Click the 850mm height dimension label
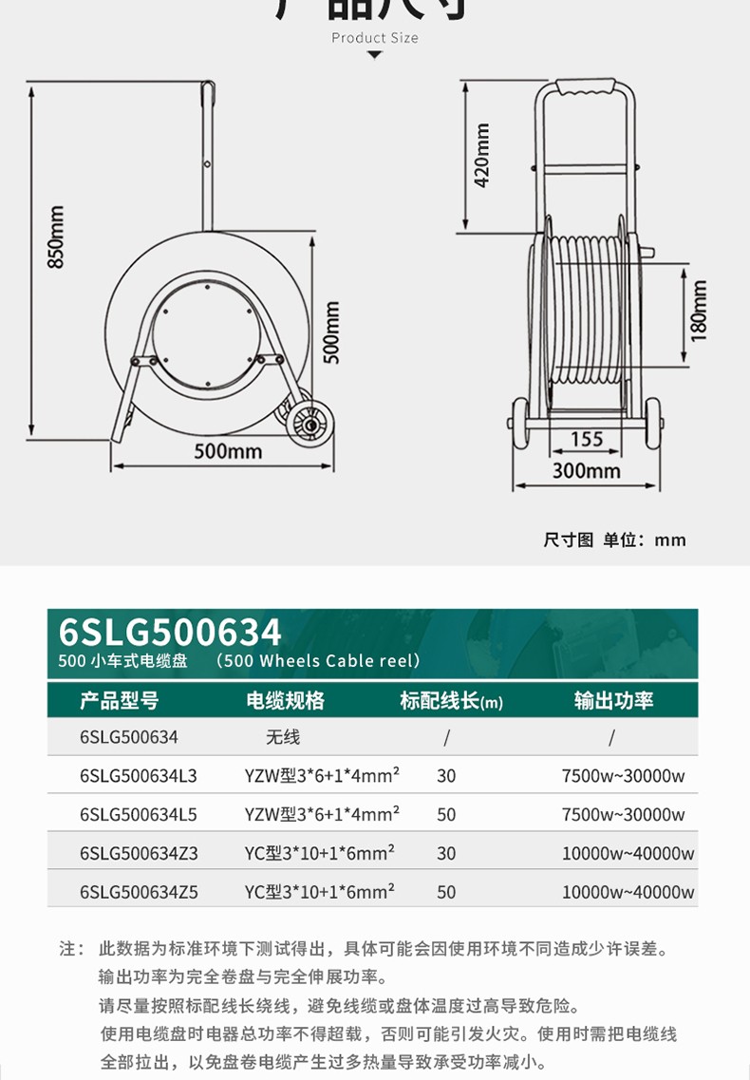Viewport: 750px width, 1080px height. (x=57, y=237)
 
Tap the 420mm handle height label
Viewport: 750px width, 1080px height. (x=482, y=155)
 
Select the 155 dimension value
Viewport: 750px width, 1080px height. (x=587, y=440)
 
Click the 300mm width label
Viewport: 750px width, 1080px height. (x=587, y=470)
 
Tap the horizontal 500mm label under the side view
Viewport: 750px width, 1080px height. (x=228, y=451)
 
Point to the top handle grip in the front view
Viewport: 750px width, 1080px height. (x=585, y=88)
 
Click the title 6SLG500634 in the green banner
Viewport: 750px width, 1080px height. (x=171, y=632)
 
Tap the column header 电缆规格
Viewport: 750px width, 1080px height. (x=285, y=701)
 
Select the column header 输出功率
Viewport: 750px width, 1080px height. (x=613, y=701)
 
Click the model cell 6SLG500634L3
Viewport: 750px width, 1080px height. (x=139, y=775)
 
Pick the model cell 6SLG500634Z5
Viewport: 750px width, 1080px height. (x=139, y=892)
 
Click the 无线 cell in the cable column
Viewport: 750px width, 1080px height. (x=283, y=737)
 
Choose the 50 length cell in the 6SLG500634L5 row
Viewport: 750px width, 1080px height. (x=446, y=815)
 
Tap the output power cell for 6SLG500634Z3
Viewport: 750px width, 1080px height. (x=628, y=853)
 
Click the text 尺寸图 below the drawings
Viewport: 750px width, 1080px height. (x=569, y=540)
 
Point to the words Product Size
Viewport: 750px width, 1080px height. (x=374, y=38)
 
